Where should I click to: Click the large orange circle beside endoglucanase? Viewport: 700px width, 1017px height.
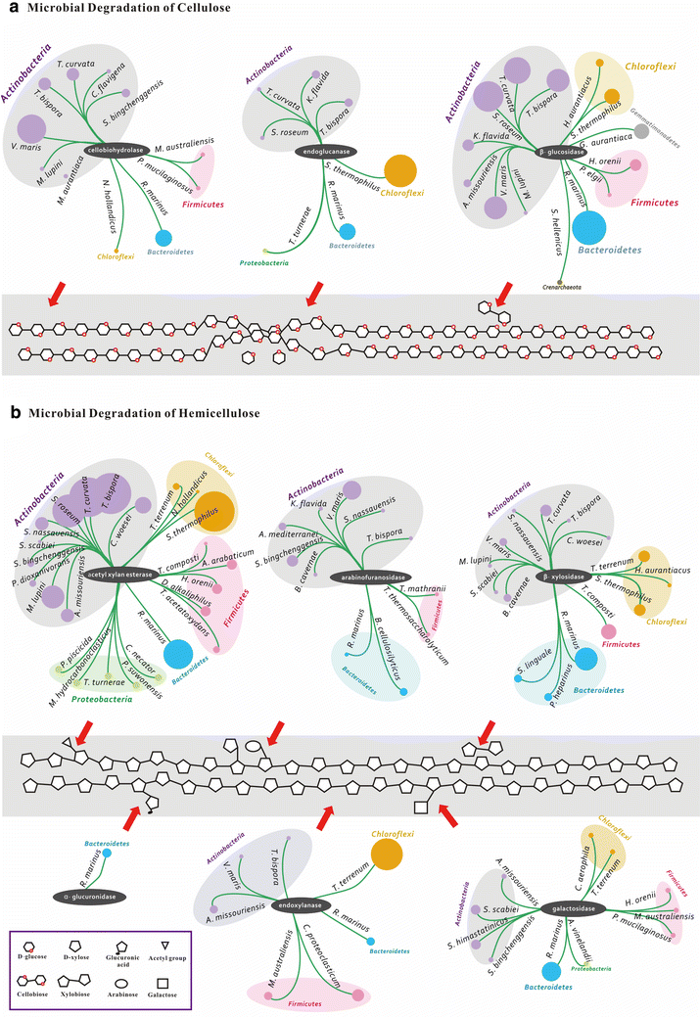[x=398, y=170]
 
